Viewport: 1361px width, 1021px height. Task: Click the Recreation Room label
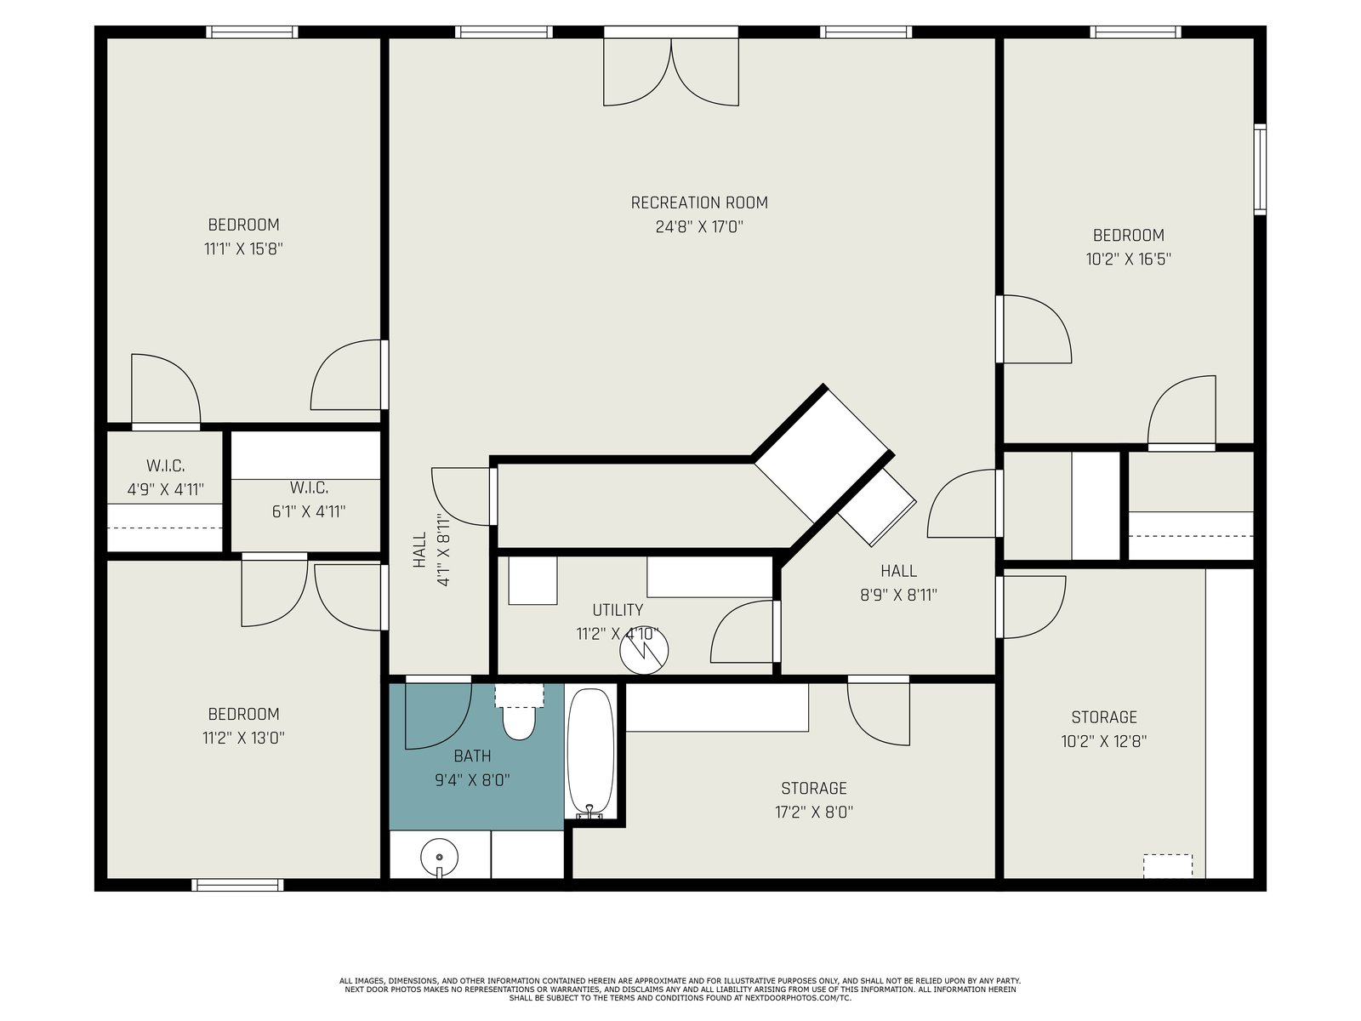click(699, 202)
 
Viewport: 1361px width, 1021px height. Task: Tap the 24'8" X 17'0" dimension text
click(699, 227)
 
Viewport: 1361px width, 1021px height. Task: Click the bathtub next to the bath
click(590, 753)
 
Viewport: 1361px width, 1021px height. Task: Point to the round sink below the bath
click(439, 858)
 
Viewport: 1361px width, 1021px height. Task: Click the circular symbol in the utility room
click(644, 650)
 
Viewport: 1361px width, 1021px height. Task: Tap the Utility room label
click(618, 610)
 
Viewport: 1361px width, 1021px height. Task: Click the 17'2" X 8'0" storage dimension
click(813, 812)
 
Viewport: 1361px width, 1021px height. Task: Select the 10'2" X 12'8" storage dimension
click(1103, 741)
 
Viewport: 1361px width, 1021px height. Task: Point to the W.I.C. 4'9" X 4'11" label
click(166, 477)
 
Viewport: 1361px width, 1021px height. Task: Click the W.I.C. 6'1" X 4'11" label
click(309, 499)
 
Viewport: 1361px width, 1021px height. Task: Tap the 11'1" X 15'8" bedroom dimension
click(243, 248)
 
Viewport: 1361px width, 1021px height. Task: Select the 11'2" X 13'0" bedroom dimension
click(243, 738)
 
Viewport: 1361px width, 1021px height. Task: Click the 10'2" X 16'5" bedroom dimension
click(1129, 260)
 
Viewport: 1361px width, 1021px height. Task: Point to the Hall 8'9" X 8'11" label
click(898, 583)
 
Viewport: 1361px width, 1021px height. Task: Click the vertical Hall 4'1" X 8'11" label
click(431, 550)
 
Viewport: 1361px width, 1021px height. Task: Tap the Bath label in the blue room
click(472, 756)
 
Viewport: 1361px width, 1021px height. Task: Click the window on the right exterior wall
click(1260, 169)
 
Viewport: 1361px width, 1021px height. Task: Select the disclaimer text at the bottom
click(680, 990)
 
